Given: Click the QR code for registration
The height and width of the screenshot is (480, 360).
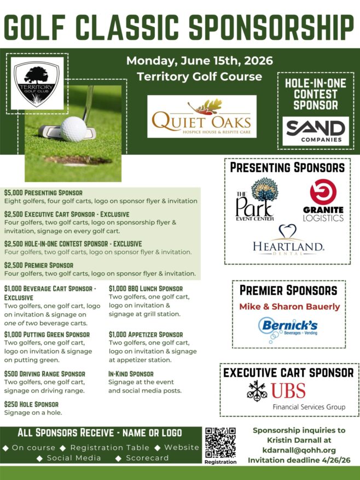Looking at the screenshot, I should coord(220,442).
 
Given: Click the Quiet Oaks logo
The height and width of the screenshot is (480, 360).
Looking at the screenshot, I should coord(202,116).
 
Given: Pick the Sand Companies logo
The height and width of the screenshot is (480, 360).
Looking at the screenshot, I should coord(316,131).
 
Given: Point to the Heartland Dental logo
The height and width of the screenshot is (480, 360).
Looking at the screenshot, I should coord(288,241).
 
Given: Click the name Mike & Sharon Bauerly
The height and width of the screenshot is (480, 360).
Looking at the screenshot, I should coord(289,306).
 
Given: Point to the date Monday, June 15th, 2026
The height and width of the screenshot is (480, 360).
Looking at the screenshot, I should coord(200,60).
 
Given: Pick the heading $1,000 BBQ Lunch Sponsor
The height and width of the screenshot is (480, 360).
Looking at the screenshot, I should coord(146,289).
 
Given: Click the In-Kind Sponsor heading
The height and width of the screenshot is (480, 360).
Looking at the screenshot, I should coord(131,373).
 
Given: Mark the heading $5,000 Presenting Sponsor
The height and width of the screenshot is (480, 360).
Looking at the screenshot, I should coord(43,192).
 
